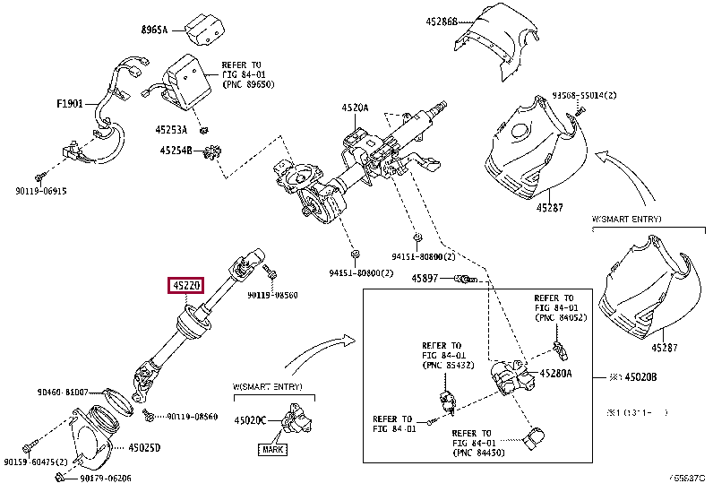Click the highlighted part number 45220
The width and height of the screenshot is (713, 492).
pyautogui.click(x=185, y=287)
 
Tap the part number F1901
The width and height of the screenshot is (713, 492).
pyautogui.click(x=70, y=104)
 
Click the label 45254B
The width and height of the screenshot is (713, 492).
pyautogui.click(x=176, y=150)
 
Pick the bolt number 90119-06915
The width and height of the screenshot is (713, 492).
pyautogui.click(x=41, y=191)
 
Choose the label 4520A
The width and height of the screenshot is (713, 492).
pyautogui.click(x=354, y=108)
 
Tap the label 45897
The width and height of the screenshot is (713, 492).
pyautogui.click(x=425, y=279)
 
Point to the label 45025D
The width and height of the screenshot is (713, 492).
pyautogui.click(x=144, y=446)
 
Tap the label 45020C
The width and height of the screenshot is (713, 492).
pyautogui.click(x=251, y=419)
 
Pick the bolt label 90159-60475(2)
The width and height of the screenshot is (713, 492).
pyautogui.click(x=41, y=462)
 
